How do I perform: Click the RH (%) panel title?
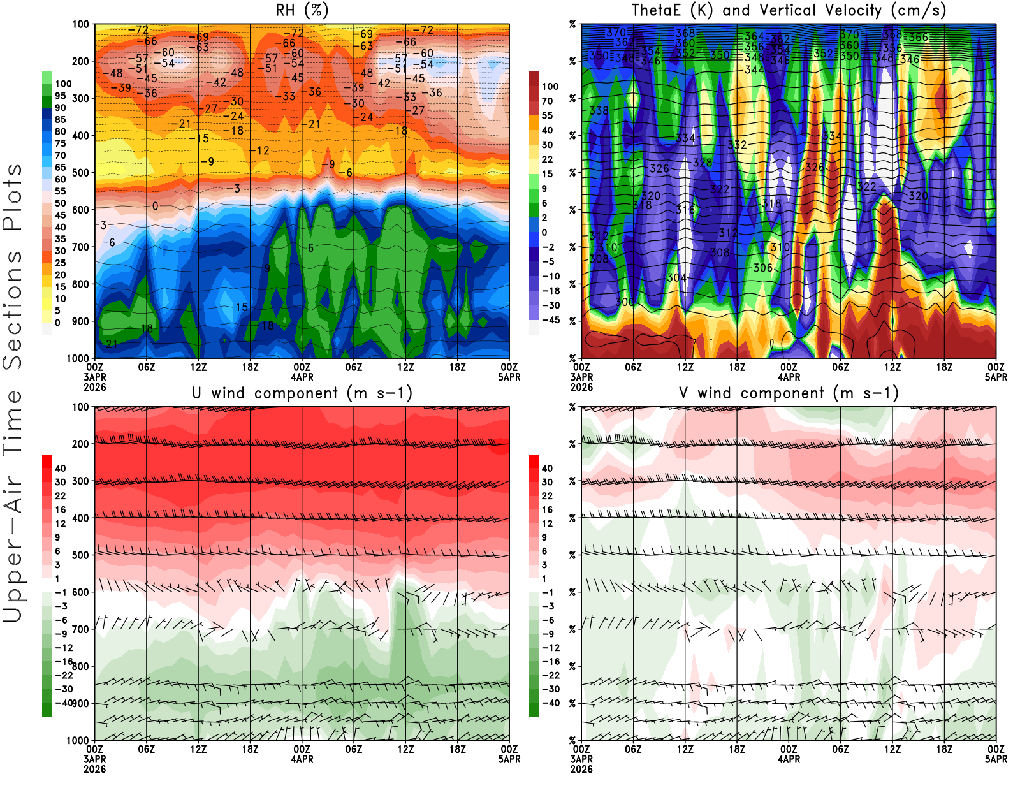coord(302,10)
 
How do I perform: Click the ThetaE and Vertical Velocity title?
coord(789,10)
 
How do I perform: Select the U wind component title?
coord(302,393)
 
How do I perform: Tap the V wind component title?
coord(789,393)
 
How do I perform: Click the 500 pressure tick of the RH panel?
coord(80,173)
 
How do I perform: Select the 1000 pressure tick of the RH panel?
coord(78,358)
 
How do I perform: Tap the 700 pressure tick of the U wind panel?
coord(80,629)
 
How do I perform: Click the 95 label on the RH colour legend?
coord(60,96)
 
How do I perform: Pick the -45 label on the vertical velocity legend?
coord(551,320)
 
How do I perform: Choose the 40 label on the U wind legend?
coord(60,468)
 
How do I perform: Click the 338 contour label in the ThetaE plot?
coord(599,111)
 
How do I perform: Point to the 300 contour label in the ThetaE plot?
coord(625,302)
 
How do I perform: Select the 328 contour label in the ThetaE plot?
coord(703,163)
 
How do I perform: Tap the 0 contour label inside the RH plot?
coord(155,206)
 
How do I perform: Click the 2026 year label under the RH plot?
coord(94,387)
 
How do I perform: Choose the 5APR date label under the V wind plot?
coord(996,759)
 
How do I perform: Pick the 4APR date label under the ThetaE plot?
coord(789,377)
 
